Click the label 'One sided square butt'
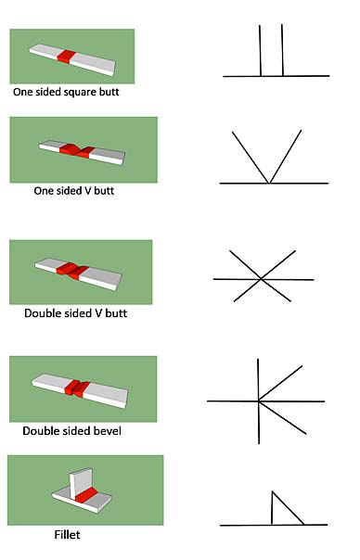66,93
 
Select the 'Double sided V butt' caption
75,313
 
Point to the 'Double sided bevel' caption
72,431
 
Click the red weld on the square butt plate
65,57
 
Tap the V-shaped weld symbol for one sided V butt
268,158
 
